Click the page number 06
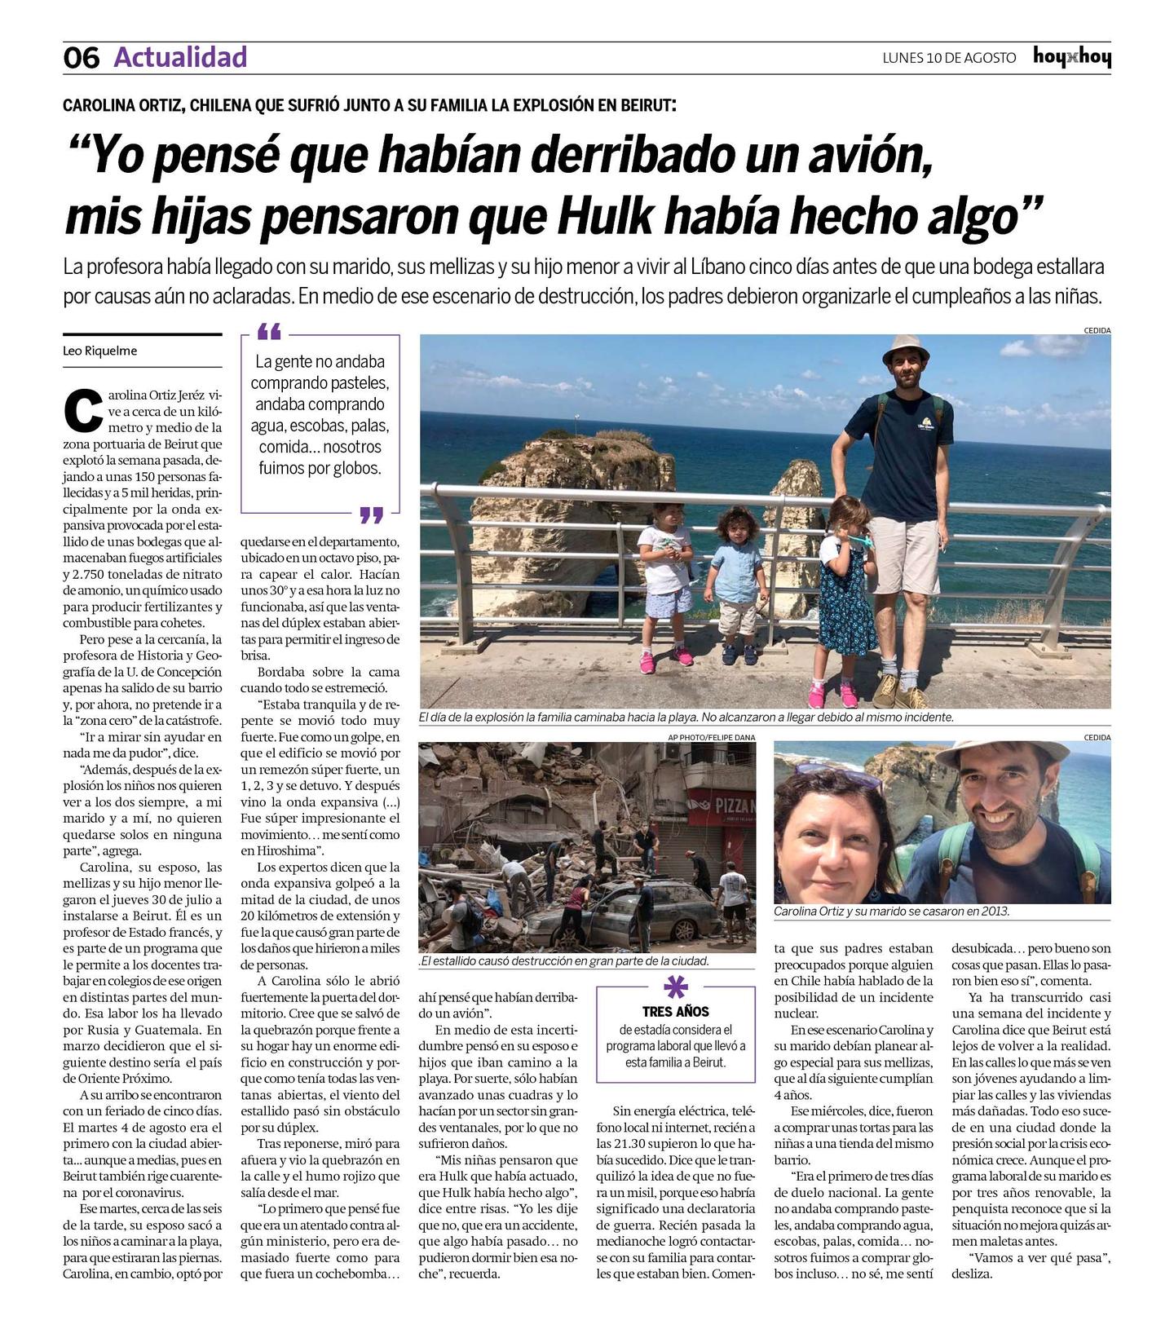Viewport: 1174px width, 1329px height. (x=82, y=58)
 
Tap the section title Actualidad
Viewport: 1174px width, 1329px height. (x=180, y=57)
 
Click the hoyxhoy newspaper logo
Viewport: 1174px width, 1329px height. (x=1071, y=57)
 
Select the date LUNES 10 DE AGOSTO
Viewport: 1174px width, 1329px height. (x=949, y=58)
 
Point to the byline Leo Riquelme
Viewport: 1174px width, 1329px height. (x=100, y=351)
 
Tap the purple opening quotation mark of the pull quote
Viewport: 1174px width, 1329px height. (x=268, y=332)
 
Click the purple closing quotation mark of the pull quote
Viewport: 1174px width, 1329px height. (x=371, y=514)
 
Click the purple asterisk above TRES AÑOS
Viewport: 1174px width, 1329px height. (x=675, y=987)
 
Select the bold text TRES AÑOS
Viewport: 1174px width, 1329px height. (x=675, y=1011)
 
